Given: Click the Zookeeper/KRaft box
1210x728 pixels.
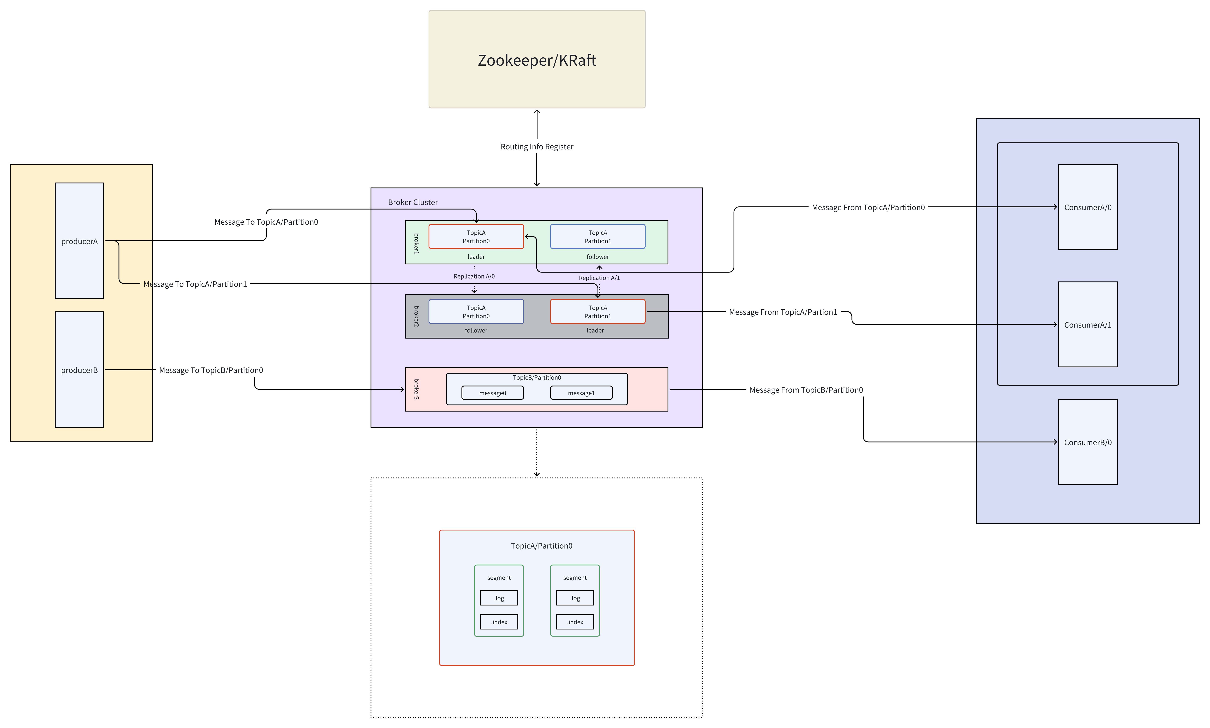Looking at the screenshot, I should point(537,59).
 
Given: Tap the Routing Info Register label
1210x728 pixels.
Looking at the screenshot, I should point(537,147).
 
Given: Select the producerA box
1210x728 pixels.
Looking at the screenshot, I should point(80,241).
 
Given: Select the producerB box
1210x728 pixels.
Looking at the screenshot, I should point(80,370).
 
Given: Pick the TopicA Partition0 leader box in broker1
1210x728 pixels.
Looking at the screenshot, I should point(476,236).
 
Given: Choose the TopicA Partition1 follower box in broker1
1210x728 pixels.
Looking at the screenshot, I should point(597,236).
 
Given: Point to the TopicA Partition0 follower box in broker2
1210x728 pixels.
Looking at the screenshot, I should point(476,311).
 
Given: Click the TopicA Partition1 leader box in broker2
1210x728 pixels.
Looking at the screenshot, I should point(597,311).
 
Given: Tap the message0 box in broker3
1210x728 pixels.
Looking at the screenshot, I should point(492,393).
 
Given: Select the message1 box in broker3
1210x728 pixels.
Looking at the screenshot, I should point(581,393).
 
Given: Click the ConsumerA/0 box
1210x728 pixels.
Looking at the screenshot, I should point(1087,207).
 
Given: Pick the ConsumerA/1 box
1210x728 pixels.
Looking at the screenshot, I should point(1087,324).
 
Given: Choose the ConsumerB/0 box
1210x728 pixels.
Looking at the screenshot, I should point(1087,442).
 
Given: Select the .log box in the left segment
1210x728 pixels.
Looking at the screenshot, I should point(499,598).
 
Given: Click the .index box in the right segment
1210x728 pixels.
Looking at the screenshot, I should point(575,622).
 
